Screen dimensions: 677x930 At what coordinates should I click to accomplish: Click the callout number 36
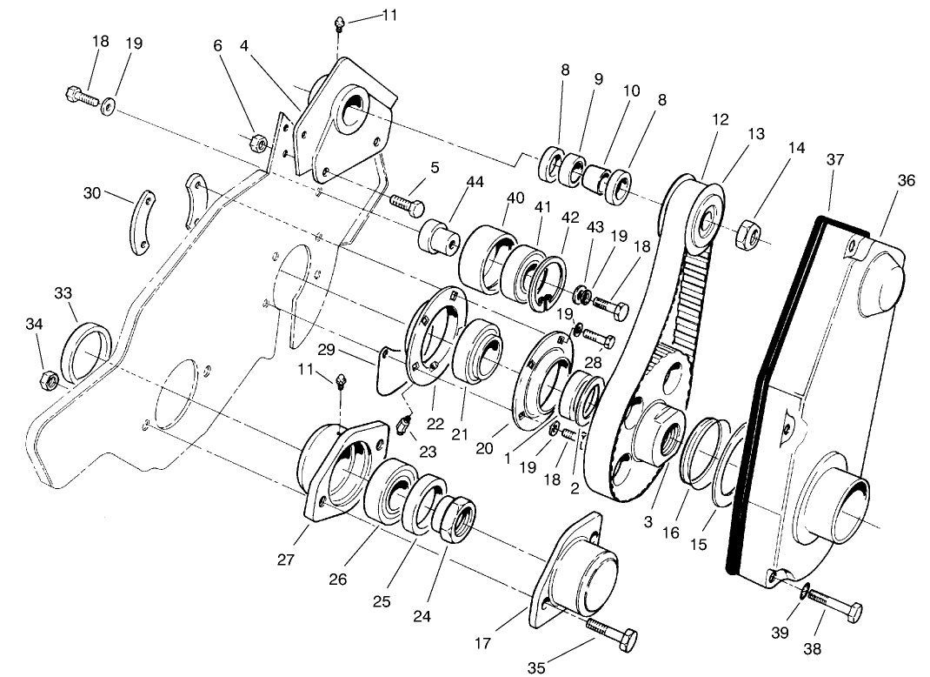(x=907, y=180)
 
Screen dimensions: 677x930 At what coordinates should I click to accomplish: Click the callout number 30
(x=92, y=192)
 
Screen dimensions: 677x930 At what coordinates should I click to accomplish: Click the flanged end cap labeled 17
(x=581, y=574)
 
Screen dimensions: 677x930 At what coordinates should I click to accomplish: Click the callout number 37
(x=835, y=159)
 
